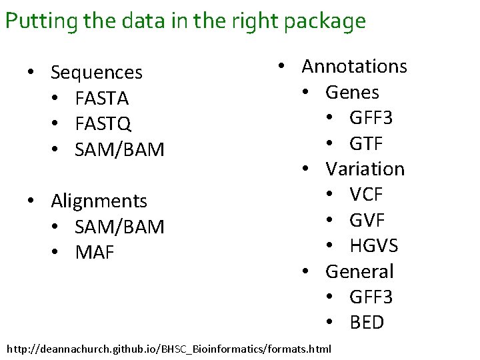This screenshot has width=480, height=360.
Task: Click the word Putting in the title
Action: coord(41,21)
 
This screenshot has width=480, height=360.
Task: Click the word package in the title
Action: coord(325,21)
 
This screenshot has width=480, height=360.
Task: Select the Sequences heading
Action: coord(97,72)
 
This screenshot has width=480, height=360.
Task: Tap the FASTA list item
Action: coord(102,98)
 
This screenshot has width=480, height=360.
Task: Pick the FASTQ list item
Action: coord(103,123)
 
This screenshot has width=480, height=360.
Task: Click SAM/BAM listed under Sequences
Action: coord(119,149)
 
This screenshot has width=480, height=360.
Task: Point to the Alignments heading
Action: coord(99,201)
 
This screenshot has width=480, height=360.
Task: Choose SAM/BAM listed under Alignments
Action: coord(119,227)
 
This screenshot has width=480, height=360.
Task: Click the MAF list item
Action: coord(95,253)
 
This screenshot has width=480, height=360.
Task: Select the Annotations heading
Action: coord(354,66)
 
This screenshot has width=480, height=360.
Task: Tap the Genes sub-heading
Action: coord(352,92)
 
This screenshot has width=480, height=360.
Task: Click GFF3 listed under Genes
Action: coord(371,117)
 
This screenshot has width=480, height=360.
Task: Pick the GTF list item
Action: coord(366,143)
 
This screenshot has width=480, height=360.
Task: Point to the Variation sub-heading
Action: coord(365,169)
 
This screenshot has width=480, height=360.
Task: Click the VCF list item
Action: coord(366,194)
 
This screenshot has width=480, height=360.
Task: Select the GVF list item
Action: coord(367,220)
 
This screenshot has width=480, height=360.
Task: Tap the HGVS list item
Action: coord(373,245)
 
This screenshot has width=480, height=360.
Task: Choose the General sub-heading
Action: coord(359,271)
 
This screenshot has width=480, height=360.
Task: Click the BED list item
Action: coord(367,322)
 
